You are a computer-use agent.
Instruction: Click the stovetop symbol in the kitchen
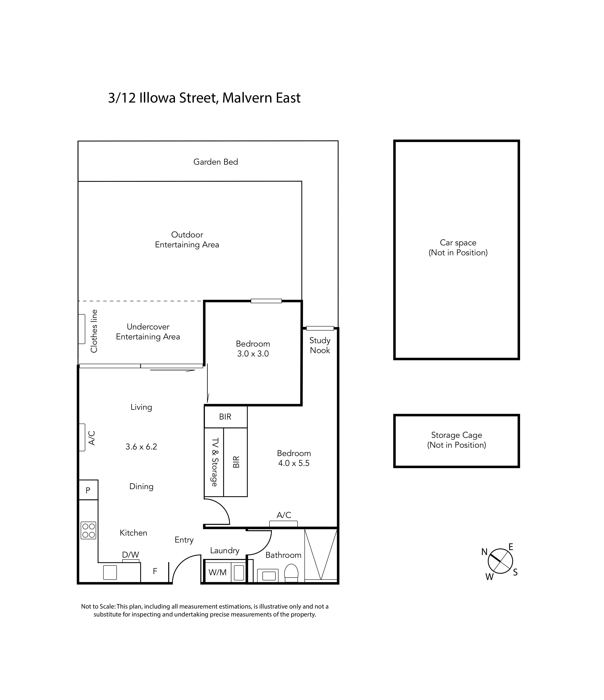[x=88, y=530]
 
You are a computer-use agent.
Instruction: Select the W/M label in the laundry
[x=218, y=572]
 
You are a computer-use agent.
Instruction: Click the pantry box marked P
[x=88, y=490]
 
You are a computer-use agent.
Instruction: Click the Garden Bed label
[x=216, y=162]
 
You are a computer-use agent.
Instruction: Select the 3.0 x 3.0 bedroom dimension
[x=253, y=354]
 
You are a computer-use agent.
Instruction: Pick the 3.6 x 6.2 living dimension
[x=141, y=447]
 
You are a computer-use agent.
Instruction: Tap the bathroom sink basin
[x=269, y=575]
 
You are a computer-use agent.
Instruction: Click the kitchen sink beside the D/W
[x=110, y=572]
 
